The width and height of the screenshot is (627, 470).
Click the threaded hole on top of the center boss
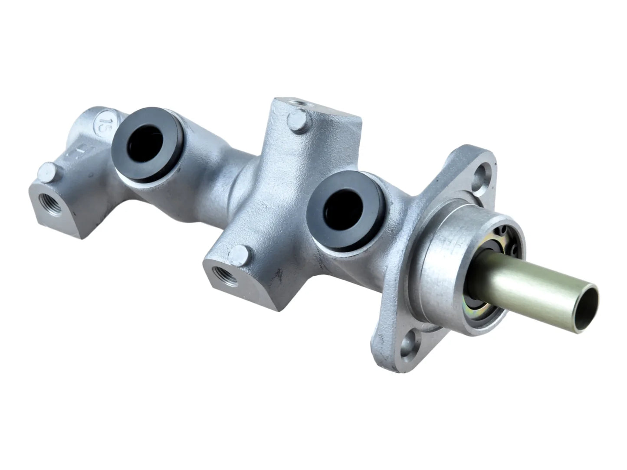(299, 104)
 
